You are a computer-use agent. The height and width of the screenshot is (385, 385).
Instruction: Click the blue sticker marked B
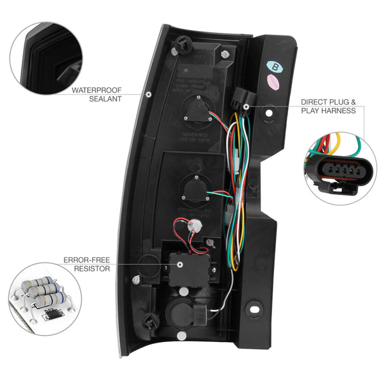point(275,65)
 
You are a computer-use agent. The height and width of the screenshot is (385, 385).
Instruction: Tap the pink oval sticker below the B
point(275,81)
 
